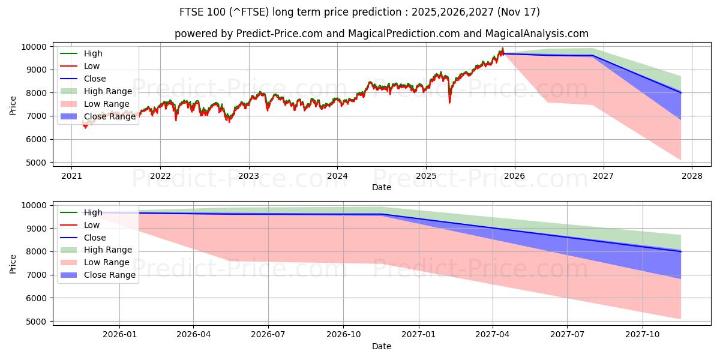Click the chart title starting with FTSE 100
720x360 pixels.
point(359,12)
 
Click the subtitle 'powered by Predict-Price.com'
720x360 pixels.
point(381,34)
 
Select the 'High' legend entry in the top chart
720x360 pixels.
point(93,53)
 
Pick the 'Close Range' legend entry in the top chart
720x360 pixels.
point(109,116)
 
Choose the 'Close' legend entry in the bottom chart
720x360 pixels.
point(94,238)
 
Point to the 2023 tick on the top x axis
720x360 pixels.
point(248,176)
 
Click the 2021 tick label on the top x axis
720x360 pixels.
point(71,176)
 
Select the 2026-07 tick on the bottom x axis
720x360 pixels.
point(268,335)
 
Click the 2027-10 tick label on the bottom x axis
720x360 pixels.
point(643,335)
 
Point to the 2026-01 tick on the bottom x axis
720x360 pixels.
point(119,335)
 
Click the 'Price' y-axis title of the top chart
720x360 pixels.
point(13,104)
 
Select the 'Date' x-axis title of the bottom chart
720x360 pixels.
point(381,346)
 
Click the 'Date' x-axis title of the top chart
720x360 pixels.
point(381,187)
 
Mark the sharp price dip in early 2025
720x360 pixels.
point(449,102)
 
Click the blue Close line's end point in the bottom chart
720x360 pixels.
point(680,251)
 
